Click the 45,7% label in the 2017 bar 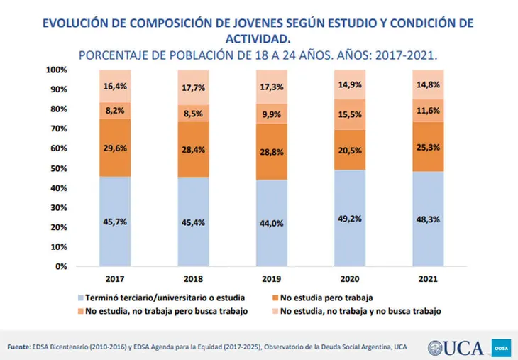point(115,222)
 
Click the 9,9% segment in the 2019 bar point(272,114)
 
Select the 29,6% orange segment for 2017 point(115,148)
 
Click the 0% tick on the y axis point(61,266)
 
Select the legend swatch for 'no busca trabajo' point(275,310)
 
